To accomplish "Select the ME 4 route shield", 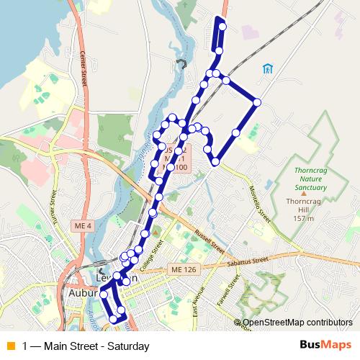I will (84, 227).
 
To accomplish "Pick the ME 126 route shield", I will (184, 269).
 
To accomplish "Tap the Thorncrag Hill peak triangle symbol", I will (304, 193).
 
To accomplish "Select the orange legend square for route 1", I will (9, 346).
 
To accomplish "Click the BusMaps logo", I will (325, 346).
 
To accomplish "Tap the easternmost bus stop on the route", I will (256, 103).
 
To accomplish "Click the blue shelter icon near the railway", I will (267, 69).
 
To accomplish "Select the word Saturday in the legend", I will (128, 346).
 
